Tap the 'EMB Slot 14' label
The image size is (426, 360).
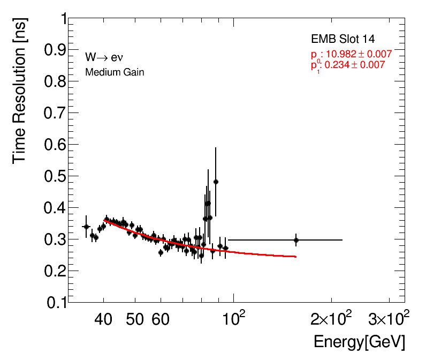click(x=343, y=39)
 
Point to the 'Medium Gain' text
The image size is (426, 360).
click(x=115, y=72)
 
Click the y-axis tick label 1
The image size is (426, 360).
click(x=63, y=19)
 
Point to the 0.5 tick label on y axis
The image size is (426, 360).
click(x=55, y=176)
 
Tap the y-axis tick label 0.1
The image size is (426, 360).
click(x=55, y=303)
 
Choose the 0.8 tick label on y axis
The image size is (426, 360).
click(x=55, y=81)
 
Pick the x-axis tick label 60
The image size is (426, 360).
click(x=160, y=320)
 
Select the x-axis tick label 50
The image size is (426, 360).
click(x=134, y=320)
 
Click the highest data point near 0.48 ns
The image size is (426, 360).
click(x=216, y=182)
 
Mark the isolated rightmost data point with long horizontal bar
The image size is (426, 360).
click(x=296, y=240)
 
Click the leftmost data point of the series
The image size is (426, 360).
click(x=86, y=227)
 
